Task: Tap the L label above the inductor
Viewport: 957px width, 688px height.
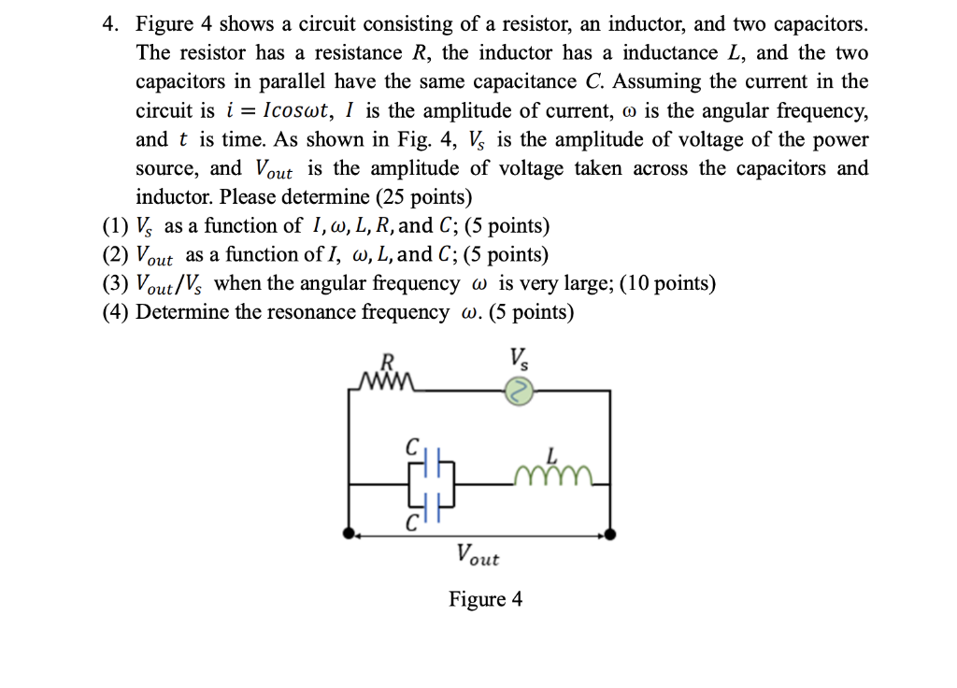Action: [x=551, y=454]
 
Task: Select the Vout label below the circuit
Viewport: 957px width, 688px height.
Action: [x=478, y=555]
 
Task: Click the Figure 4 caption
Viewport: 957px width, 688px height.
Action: [x=485, y=599]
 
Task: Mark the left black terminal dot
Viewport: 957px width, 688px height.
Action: [x=350, y=535]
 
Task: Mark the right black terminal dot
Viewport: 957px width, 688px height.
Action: [x=611, y=535]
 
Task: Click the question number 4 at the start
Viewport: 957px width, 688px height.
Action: [x=108, y=23]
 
